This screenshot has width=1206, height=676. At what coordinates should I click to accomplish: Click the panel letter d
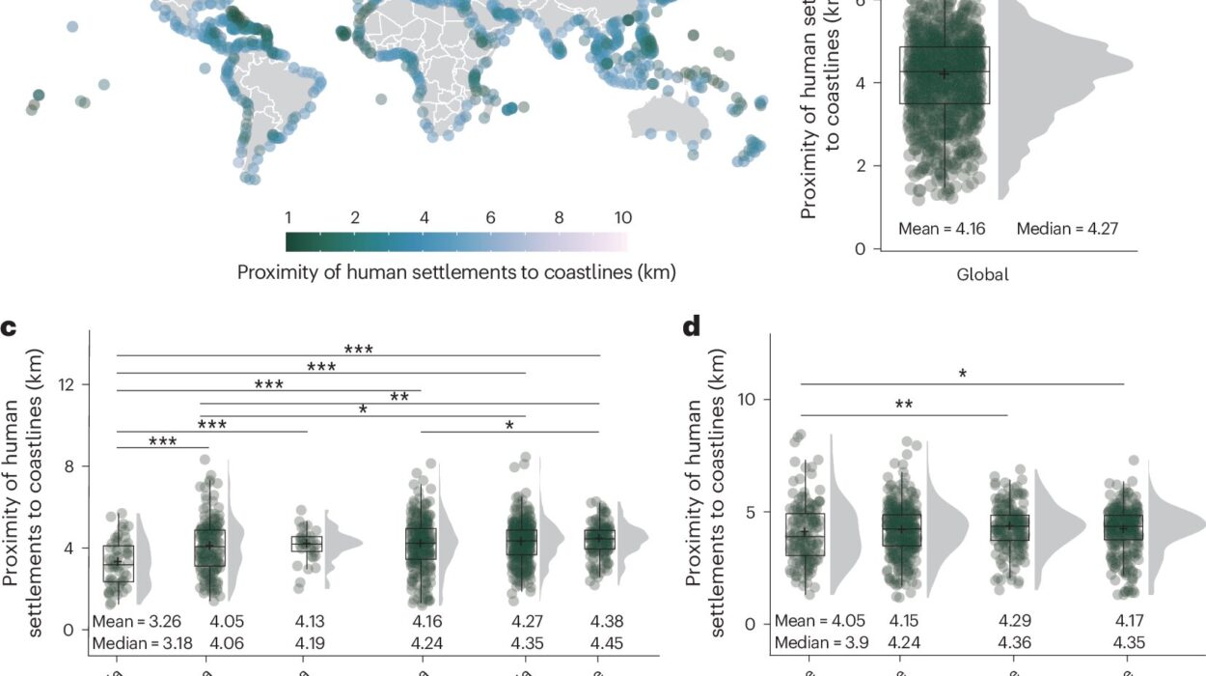691,327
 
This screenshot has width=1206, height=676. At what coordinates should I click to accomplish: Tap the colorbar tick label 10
622,218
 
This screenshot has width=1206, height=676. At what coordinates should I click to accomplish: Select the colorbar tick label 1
288,218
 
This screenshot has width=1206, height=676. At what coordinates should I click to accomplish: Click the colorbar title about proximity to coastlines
456,272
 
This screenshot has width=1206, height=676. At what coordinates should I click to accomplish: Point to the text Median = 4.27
1068,229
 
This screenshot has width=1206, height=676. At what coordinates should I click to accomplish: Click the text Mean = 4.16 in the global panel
942,229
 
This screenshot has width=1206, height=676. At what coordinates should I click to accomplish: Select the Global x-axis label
982,274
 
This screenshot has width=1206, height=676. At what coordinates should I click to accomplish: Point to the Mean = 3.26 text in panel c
135,622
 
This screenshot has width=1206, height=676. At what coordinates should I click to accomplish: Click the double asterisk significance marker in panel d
904,406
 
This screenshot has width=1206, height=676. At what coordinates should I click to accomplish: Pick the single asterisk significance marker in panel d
962,375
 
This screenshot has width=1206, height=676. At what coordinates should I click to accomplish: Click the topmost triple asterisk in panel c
358,350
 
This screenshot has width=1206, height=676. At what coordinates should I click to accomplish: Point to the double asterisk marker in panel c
399,397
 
